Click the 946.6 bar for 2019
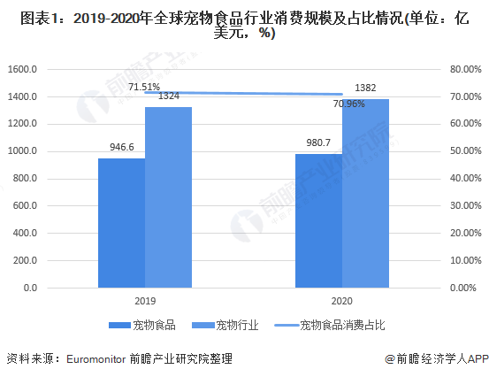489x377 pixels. point(121,222)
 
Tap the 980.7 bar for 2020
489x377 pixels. point(319,220)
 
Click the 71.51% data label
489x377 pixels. point(144,87)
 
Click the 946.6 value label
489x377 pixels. point(121,148)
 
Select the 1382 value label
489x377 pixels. point(366,88)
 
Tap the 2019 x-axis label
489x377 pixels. point(145,301)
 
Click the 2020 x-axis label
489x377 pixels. point(343,301)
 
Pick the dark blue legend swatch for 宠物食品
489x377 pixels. point(119,326)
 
